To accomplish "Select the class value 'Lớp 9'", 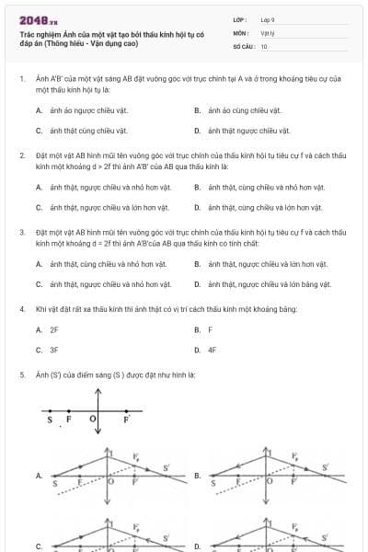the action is (268, 19).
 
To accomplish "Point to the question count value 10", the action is (264, 46).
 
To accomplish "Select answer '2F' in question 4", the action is (54, 328).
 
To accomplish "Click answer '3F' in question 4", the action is (54, 351).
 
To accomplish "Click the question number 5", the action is (21, 374).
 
